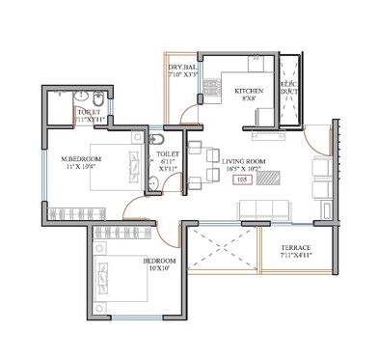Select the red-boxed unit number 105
tap(242, 180)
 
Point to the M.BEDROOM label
tap(83, 158)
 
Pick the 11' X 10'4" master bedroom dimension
tap(83, 168)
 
